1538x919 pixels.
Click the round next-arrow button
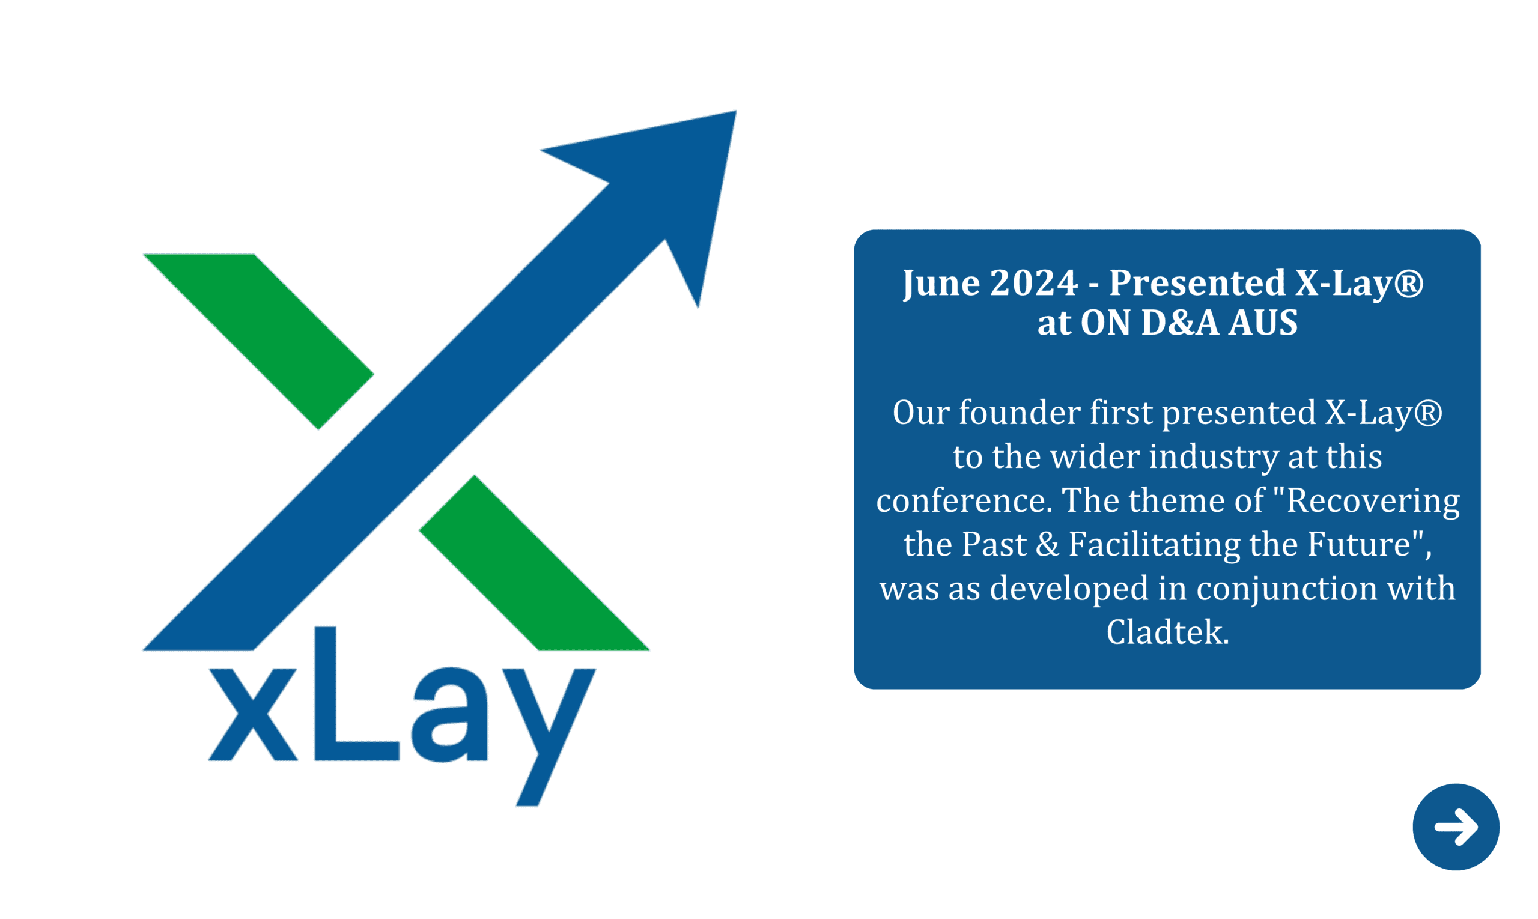1456,826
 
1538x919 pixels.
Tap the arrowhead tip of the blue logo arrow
736,111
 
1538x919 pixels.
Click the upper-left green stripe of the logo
258,341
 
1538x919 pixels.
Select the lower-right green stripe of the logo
534,562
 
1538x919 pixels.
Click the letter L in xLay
356,693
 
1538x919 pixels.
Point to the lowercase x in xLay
253,714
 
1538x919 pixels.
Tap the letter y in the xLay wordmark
548,737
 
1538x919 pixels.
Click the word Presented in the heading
1197,282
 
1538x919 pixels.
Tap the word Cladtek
1167,632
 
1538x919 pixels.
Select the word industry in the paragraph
1214,457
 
